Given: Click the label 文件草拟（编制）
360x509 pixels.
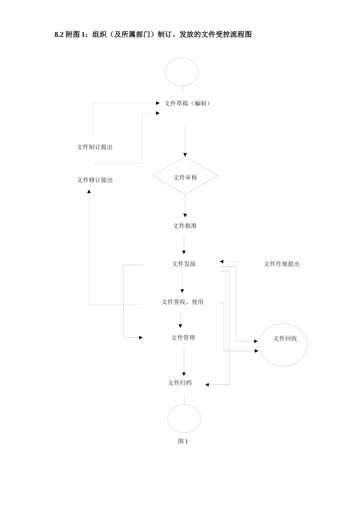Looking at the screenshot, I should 188,103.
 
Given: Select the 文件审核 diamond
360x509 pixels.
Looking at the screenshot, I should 185,176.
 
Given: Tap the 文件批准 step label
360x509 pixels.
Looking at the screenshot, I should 185,226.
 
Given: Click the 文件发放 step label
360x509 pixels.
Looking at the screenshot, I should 184,264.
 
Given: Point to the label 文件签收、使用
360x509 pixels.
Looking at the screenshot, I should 183,302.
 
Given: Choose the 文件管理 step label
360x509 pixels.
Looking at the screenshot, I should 183,338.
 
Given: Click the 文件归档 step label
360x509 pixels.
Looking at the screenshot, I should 180,383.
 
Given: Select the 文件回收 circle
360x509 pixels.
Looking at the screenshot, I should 283,345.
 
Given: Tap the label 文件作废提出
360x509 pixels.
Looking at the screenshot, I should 282,264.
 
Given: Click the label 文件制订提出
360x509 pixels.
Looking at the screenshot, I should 95,147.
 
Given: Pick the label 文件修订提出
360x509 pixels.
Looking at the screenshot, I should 95,180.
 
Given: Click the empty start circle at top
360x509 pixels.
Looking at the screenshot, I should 182,72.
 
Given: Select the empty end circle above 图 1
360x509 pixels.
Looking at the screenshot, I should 184,418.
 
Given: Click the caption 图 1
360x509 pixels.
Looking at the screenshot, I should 183,441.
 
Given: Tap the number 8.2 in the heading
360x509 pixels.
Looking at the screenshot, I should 59,35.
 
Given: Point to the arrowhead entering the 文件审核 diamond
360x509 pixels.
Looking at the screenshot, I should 185,155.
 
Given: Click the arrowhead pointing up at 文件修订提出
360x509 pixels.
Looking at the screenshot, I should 89,192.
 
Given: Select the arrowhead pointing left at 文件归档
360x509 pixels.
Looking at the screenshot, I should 207,385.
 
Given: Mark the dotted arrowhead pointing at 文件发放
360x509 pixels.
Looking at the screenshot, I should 222,261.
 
